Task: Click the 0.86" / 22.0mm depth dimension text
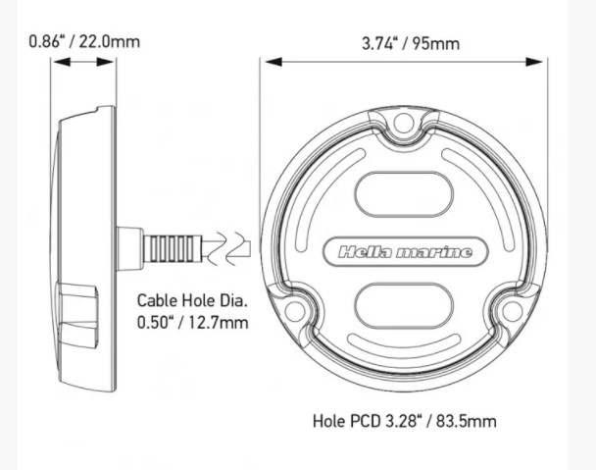click(84, 41)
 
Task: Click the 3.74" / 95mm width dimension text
click(411, 43)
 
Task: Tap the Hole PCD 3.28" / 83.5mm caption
click(405, 421)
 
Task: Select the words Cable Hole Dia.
click(192, 300)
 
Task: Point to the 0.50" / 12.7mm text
click(192, 323)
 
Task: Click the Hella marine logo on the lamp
click(405, 252)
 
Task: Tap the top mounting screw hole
click(403, 123)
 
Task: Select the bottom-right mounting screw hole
click(512, 311)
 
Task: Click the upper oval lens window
click(404, 194)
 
